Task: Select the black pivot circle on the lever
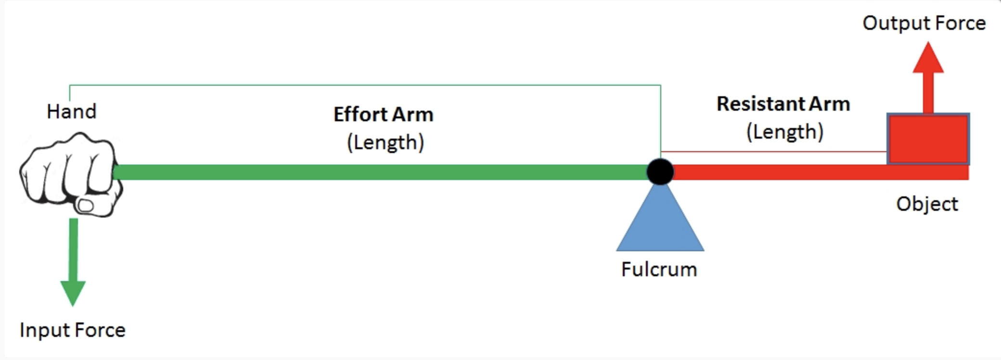click(x=660, y=171)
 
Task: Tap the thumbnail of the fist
click(x=86, y=206)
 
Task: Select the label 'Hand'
click(x=72, y=112)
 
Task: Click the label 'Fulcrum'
click(x=659, y=270)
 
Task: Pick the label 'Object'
click(x=927, y=204)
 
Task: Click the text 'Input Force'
click(x=73, y=330)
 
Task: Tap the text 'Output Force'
click(x=924, y=23)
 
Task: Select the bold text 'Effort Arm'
click(x=384, y=115)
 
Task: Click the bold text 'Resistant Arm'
click(x=783, y=104)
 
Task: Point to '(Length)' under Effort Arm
click(x=385, y=142)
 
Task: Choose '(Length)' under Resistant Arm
click(x=784, y=132)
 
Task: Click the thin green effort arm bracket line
click(x=366, y=85)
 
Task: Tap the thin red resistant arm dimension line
click(x=775, y=152)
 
